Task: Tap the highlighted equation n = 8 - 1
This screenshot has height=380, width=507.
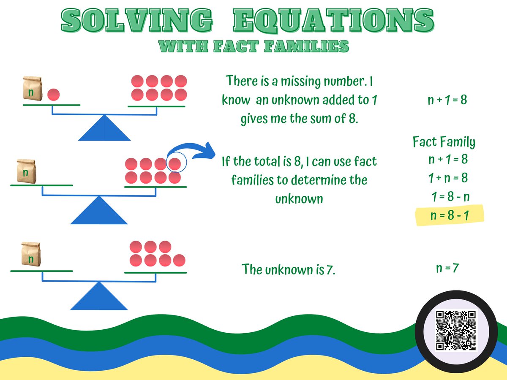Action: click(x=450, y=216)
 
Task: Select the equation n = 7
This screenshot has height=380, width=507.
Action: click(x=447, y=268)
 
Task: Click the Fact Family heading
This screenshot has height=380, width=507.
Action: click(x=444, y=142)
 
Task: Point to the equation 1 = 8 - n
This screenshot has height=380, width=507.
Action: click(x=450, y=197)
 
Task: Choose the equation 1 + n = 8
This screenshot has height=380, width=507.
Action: click(x=448, y=178)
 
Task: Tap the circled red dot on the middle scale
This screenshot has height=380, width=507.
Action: click(x=174, y=164)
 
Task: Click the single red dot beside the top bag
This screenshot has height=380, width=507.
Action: click(x=53, y=95)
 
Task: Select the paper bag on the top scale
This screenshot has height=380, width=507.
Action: click(x=32, y=89)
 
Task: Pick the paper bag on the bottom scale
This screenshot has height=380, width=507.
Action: click(x=30, y=255)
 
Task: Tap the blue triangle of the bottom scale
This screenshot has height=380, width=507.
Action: click(x=99, y=297)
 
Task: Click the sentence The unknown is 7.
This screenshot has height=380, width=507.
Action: click(x=289, y=269)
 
